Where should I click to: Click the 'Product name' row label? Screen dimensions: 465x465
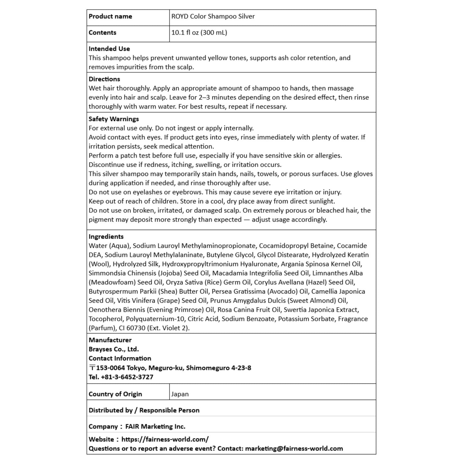(110, 16)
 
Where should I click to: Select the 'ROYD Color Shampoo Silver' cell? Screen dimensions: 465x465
(213, 16)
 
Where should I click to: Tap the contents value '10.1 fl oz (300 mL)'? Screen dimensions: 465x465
(199, 33)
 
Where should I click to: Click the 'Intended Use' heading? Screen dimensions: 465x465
(109, 49)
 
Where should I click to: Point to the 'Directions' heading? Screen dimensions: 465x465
(104, 79)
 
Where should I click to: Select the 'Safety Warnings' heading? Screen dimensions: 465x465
(114, 119)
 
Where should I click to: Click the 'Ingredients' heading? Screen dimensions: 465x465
(106, 237)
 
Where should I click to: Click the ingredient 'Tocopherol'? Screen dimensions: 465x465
(106, 319)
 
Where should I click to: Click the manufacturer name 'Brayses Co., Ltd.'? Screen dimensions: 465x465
(114, 349)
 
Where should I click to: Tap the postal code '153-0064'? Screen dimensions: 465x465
(110, 368)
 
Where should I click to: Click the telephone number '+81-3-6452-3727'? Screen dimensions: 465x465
(127, 377)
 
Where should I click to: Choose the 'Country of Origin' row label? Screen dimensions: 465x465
(115, 394)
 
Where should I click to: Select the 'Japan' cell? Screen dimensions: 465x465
(180, 394)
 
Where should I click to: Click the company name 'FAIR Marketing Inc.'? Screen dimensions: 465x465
(155, 427)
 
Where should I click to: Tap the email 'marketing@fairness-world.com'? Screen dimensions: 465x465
(294, 449)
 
